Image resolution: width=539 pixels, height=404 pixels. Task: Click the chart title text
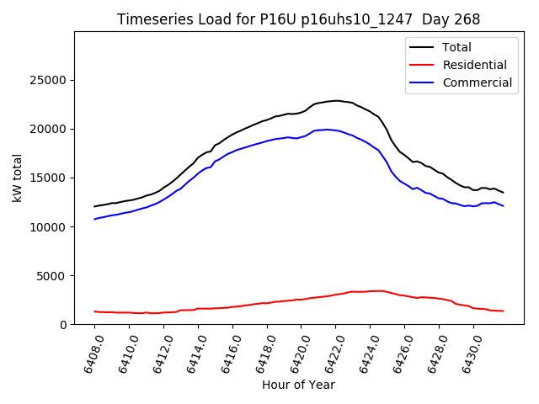[299, 19]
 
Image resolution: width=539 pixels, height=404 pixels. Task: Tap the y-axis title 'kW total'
[18, 178]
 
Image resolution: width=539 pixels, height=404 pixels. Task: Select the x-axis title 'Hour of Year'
[298, 385]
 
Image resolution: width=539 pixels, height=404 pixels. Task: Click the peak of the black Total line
[335, 100]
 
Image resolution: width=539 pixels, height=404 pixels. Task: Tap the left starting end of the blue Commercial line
[94, 219]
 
